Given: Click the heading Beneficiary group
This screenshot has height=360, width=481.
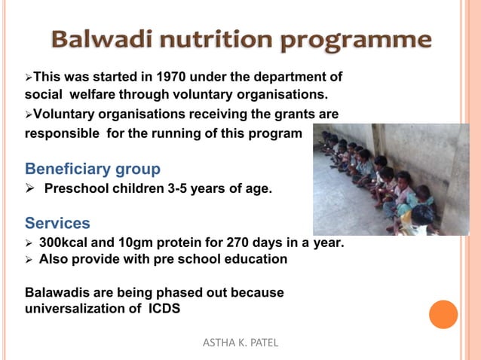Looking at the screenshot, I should click(92, 168).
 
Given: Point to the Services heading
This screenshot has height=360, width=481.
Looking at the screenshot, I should click(57, 224).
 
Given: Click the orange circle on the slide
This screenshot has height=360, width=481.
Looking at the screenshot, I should click(443, 314).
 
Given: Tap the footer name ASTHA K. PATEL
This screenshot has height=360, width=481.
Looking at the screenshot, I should click(240, 343).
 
